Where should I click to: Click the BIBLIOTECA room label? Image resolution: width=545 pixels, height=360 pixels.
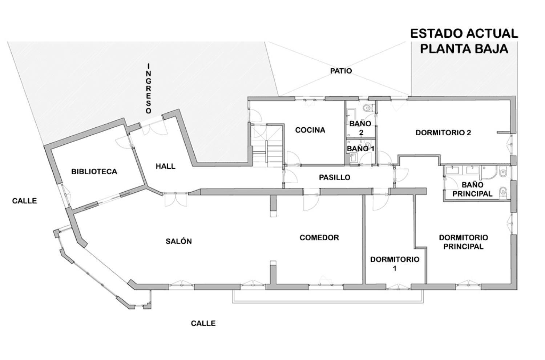94,171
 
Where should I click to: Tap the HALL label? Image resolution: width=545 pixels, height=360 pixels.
165,166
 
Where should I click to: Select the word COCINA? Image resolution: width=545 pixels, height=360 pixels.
310,130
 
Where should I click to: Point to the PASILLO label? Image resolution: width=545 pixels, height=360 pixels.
335,177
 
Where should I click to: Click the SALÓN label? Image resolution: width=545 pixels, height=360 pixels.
179,241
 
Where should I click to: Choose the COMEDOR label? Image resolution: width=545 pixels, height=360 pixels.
319,237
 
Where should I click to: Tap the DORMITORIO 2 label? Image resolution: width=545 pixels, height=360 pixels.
443,133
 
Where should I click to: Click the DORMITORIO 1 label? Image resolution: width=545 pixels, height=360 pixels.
395,264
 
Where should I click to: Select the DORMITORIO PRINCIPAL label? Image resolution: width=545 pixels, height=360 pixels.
463,242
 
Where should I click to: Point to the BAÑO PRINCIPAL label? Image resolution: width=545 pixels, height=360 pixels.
472,189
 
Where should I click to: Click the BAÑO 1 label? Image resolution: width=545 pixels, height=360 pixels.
360,148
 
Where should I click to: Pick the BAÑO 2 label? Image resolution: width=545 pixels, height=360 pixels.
360,128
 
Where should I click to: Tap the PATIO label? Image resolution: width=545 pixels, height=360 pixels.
341,71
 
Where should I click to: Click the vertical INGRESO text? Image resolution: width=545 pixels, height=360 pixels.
148,88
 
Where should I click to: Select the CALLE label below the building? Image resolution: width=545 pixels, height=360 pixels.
203,323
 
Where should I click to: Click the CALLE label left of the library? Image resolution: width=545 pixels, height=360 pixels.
24,201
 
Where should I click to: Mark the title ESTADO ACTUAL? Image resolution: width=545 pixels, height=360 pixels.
464,33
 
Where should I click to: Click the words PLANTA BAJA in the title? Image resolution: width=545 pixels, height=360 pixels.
464,48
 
